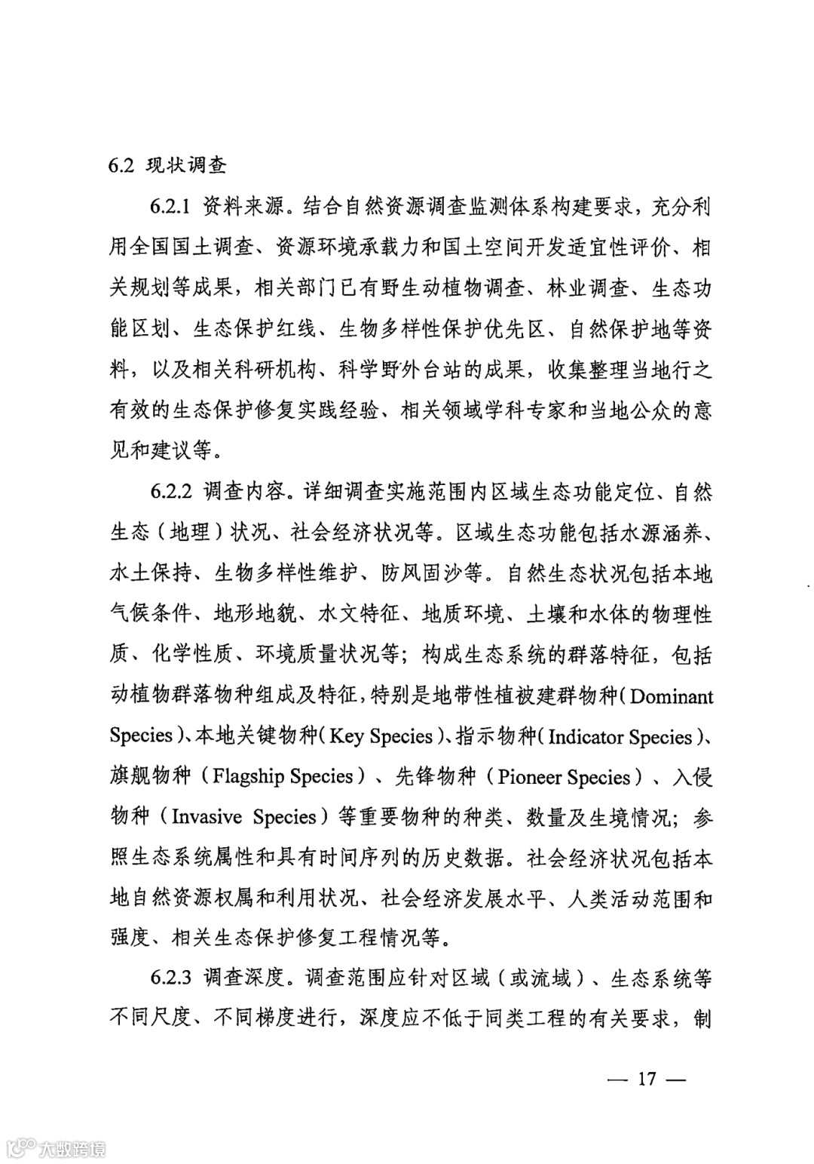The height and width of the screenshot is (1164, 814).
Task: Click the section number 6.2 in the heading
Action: (x=121, y=165)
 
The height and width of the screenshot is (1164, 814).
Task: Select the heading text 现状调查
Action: (x=185, y=165)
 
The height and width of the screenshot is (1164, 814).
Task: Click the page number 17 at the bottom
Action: (x=647, y=1078)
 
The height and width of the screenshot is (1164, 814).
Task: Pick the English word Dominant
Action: (x=672, y=696)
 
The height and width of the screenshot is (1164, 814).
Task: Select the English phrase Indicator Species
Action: (x=620, y=736)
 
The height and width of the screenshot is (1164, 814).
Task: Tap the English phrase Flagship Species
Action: (x=283, y=775)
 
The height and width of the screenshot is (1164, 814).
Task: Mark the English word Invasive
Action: (x=207, y=817)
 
